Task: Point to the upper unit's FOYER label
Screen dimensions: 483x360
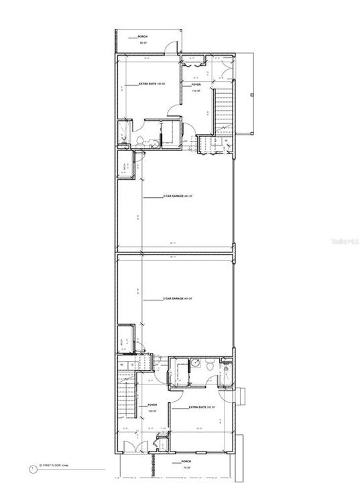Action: coord(196,85)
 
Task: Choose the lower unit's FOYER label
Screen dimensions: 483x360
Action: coord(152,405)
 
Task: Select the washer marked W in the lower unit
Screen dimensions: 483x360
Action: coord(122,365)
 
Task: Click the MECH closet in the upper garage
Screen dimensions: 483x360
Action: coord(125,168)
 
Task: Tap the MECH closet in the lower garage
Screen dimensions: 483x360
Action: coord(125,341)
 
